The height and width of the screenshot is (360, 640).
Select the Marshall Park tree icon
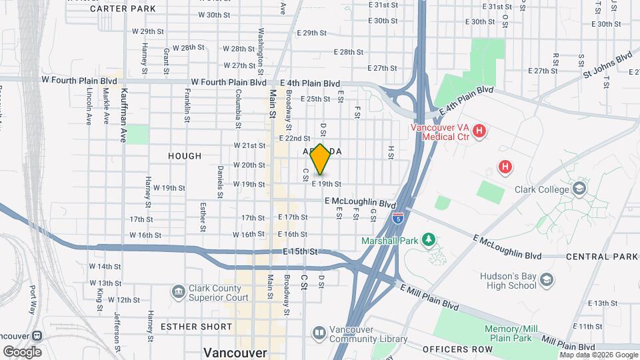click(x=431, y=239)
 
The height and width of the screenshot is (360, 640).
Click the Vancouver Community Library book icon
click(x=319, y=332)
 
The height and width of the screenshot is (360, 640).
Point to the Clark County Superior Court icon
click(x=178, y=292)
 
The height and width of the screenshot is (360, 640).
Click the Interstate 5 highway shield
click(x=398, y=217)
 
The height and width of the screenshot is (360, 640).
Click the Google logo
click(x=22, y=351)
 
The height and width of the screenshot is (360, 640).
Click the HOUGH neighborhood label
click(x=185, y=156)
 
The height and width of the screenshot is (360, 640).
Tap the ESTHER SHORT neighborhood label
click(x=196, y=327)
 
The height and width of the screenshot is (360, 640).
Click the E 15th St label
click(x=302, y=251)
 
